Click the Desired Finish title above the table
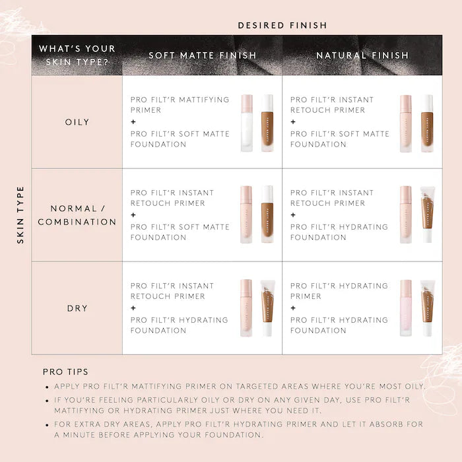pyautogui.click(x=282, y=26)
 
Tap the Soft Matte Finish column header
pyautogui.click(x=202, y=55)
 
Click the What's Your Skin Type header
pyautogui.click(x=77, y=55)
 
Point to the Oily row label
pyautogui.click(x=77, y=122)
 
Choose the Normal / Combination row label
pyautogui.click(x=77, y=216)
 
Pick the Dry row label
pyautogui.click(x=77, y=308)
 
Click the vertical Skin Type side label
pyautogui.click(x=20, y=215)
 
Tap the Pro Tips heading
pyautogui.click(x=65, y=372)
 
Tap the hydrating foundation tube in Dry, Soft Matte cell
pyautogui.click(x=267, y=308)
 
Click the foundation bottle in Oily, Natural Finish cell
pyautogui.click(x=427, y=123)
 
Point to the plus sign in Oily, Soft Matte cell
pyautogui.click(x=133, y=122)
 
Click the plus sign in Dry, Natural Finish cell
pyautogui.click(x=293, y=308)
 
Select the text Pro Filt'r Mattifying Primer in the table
pyautogui.click(x=180, y=105)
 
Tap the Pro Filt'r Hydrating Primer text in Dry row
pyautogui.click(x=339, y=291)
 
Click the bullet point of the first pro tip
pyautogui.click(x=47, y=387)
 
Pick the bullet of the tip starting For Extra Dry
pyautogui.click(x=47, y=425)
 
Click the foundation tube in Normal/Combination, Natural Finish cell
pyautogui.click(x=427, y=215)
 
